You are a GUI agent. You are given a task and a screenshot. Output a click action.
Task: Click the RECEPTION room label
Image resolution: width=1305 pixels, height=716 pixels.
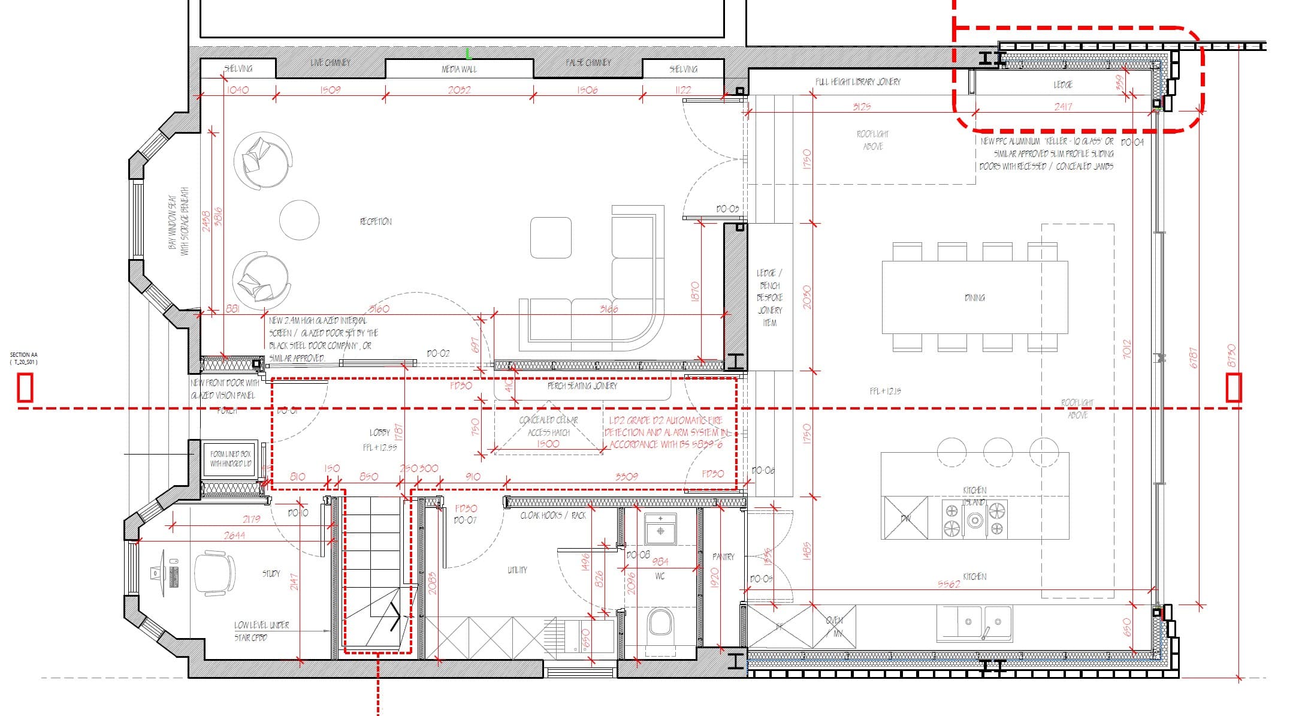[376, 221]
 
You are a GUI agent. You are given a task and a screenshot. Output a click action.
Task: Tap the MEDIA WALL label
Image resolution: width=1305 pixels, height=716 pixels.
[459, 69]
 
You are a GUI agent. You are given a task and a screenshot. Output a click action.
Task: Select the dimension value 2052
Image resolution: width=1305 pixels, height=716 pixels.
[459, 90]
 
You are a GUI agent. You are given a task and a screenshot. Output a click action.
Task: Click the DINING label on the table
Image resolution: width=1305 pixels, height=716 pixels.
[974, 297]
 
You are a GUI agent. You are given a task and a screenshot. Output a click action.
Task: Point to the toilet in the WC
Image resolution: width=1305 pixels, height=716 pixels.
[661, 623]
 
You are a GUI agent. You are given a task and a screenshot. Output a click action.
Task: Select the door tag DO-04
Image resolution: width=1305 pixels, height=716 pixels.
[1132, 142]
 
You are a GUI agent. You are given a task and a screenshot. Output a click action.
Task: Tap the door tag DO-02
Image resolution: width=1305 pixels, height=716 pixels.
[438, 353]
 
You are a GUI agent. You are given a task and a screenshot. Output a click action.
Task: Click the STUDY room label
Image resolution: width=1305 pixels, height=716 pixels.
[271, 573]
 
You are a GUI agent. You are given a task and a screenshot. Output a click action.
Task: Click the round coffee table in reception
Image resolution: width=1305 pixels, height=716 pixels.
[299, 219]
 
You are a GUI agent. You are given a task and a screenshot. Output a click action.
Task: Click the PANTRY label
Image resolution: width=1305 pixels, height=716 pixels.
[723, 556]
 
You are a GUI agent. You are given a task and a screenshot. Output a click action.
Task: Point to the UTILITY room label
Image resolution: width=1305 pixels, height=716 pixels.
[517, 570]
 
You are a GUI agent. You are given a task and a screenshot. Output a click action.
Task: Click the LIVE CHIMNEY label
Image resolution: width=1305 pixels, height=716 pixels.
[330, 62]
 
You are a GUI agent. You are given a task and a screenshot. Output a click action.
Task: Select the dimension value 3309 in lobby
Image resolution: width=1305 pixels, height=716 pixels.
[626, 476]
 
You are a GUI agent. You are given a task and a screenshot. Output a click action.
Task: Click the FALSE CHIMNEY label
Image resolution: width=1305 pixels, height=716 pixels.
[588, 62]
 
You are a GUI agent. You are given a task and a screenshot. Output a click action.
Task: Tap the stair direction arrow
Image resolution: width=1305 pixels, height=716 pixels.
[394, 618]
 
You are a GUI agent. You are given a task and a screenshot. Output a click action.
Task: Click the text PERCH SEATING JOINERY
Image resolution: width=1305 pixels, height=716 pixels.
[582, 386]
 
